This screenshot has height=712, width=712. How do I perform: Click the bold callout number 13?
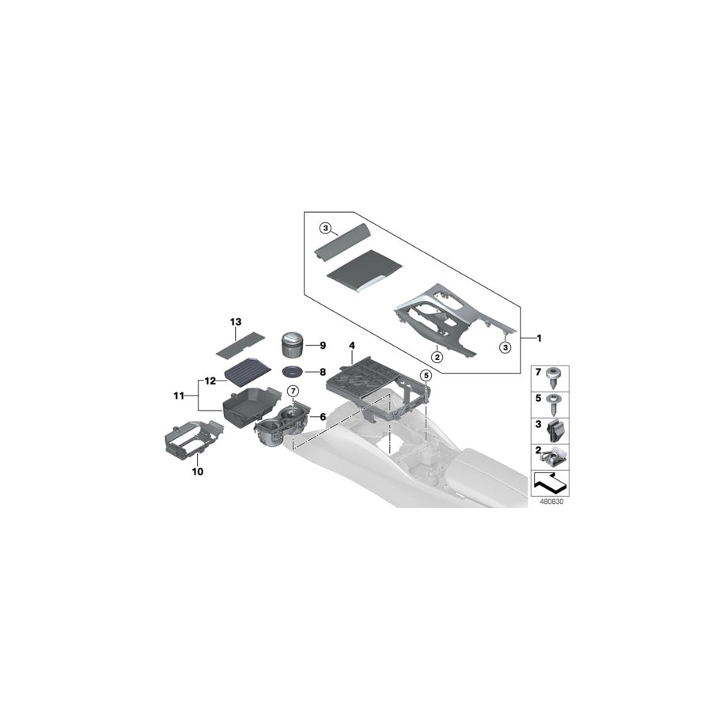[235, 322]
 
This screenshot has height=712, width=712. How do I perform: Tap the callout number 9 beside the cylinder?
[323, 345]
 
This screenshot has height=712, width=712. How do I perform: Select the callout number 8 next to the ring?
[323, 371]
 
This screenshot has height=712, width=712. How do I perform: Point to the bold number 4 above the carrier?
[351, 345]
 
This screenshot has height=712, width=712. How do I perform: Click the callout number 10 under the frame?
[197, 472]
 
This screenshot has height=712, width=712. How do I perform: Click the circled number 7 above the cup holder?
[292, 391]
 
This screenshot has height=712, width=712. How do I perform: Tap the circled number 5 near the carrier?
[425, 374]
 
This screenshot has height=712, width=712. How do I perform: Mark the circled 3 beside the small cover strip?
[325, 228]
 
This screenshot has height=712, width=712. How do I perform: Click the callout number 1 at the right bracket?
[538, 339]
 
